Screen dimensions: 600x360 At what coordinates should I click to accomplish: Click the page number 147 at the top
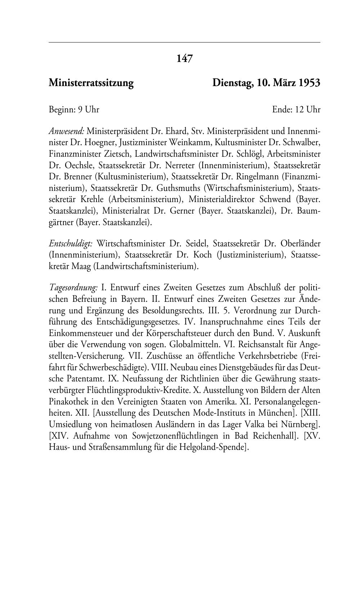185,58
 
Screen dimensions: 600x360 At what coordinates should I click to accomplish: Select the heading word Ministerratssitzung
91,83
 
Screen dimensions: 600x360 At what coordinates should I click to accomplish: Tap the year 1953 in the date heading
309,83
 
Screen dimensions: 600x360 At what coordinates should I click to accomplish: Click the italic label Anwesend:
67,131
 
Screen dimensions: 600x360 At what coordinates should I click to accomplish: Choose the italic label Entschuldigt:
71,244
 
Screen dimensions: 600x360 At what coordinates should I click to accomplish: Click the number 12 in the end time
300,109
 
